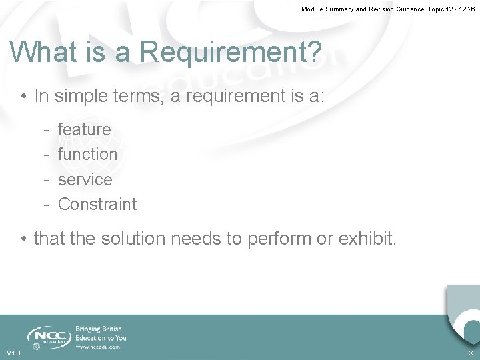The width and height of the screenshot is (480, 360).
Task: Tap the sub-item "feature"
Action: coord(85,129)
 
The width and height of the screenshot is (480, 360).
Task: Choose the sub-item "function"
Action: coord(87,154)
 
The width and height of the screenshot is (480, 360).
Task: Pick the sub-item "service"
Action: coord(85,179)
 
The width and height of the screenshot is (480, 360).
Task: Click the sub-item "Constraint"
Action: coord(97,204)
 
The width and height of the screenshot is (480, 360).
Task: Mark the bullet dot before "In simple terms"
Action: coord(23,97)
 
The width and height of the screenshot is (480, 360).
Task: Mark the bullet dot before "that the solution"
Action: coord(23,239)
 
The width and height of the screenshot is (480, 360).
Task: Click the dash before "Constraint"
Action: coord(45,204)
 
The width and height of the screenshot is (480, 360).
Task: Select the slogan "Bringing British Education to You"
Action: coord(101,333)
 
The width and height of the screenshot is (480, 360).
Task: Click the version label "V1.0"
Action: coord(13,353)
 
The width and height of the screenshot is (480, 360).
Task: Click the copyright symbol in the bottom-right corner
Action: coord(471,353)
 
